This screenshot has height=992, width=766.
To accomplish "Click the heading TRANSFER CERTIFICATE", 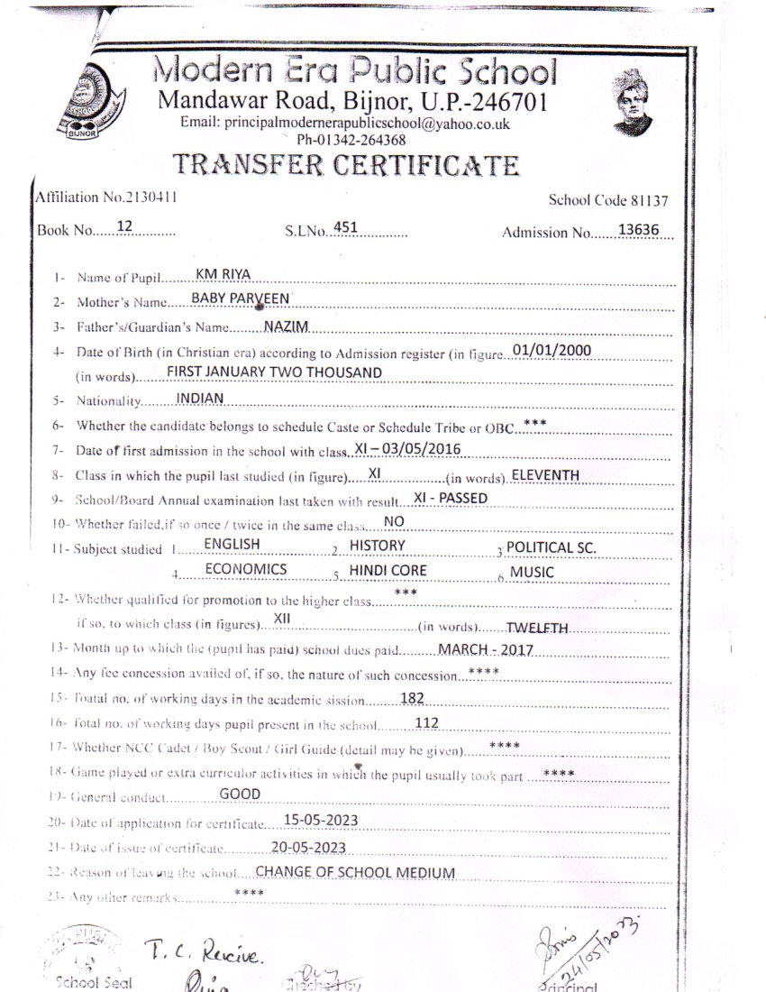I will (346, 165).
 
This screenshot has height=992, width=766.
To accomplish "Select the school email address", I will (346, 124).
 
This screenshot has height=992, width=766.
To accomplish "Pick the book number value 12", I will (125, 228).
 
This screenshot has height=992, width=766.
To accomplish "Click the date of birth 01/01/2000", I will (551, 349).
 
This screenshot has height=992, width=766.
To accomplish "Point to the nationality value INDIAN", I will (200, 397).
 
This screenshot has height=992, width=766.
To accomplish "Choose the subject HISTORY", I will (377, 545).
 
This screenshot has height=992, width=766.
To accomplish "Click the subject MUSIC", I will (532, 571).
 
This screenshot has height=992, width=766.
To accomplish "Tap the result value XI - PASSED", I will (451, 497).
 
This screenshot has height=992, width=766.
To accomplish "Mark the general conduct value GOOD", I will (240, 794).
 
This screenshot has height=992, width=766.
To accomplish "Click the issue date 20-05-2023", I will (308, 846).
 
